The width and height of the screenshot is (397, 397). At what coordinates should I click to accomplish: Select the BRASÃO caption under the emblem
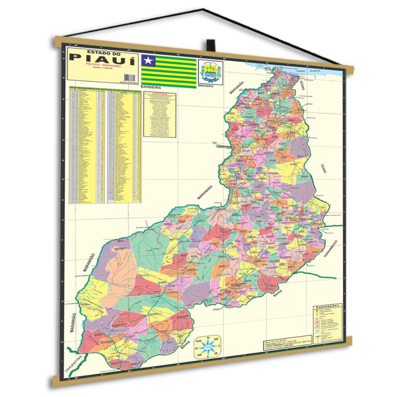(205, 86)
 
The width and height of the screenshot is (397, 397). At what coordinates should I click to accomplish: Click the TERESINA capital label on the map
(224, 147)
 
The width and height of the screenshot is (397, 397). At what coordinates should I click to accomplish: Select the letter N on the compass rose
(209, 338)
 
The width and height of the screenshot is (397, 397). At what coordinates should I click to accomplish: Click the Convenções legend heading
(327, 306)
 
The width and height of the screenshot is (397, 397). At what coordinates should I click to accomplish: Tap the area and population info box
(286, 342)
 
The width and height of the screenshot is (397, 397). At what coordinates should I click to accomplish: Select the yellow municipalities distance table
(105, 145)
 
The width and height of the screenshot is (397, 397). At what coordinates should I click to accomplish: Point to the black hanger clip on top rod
(211, 45)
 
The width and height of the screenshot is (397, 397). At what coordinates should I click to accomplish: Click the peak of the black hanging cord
(203, 9)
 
